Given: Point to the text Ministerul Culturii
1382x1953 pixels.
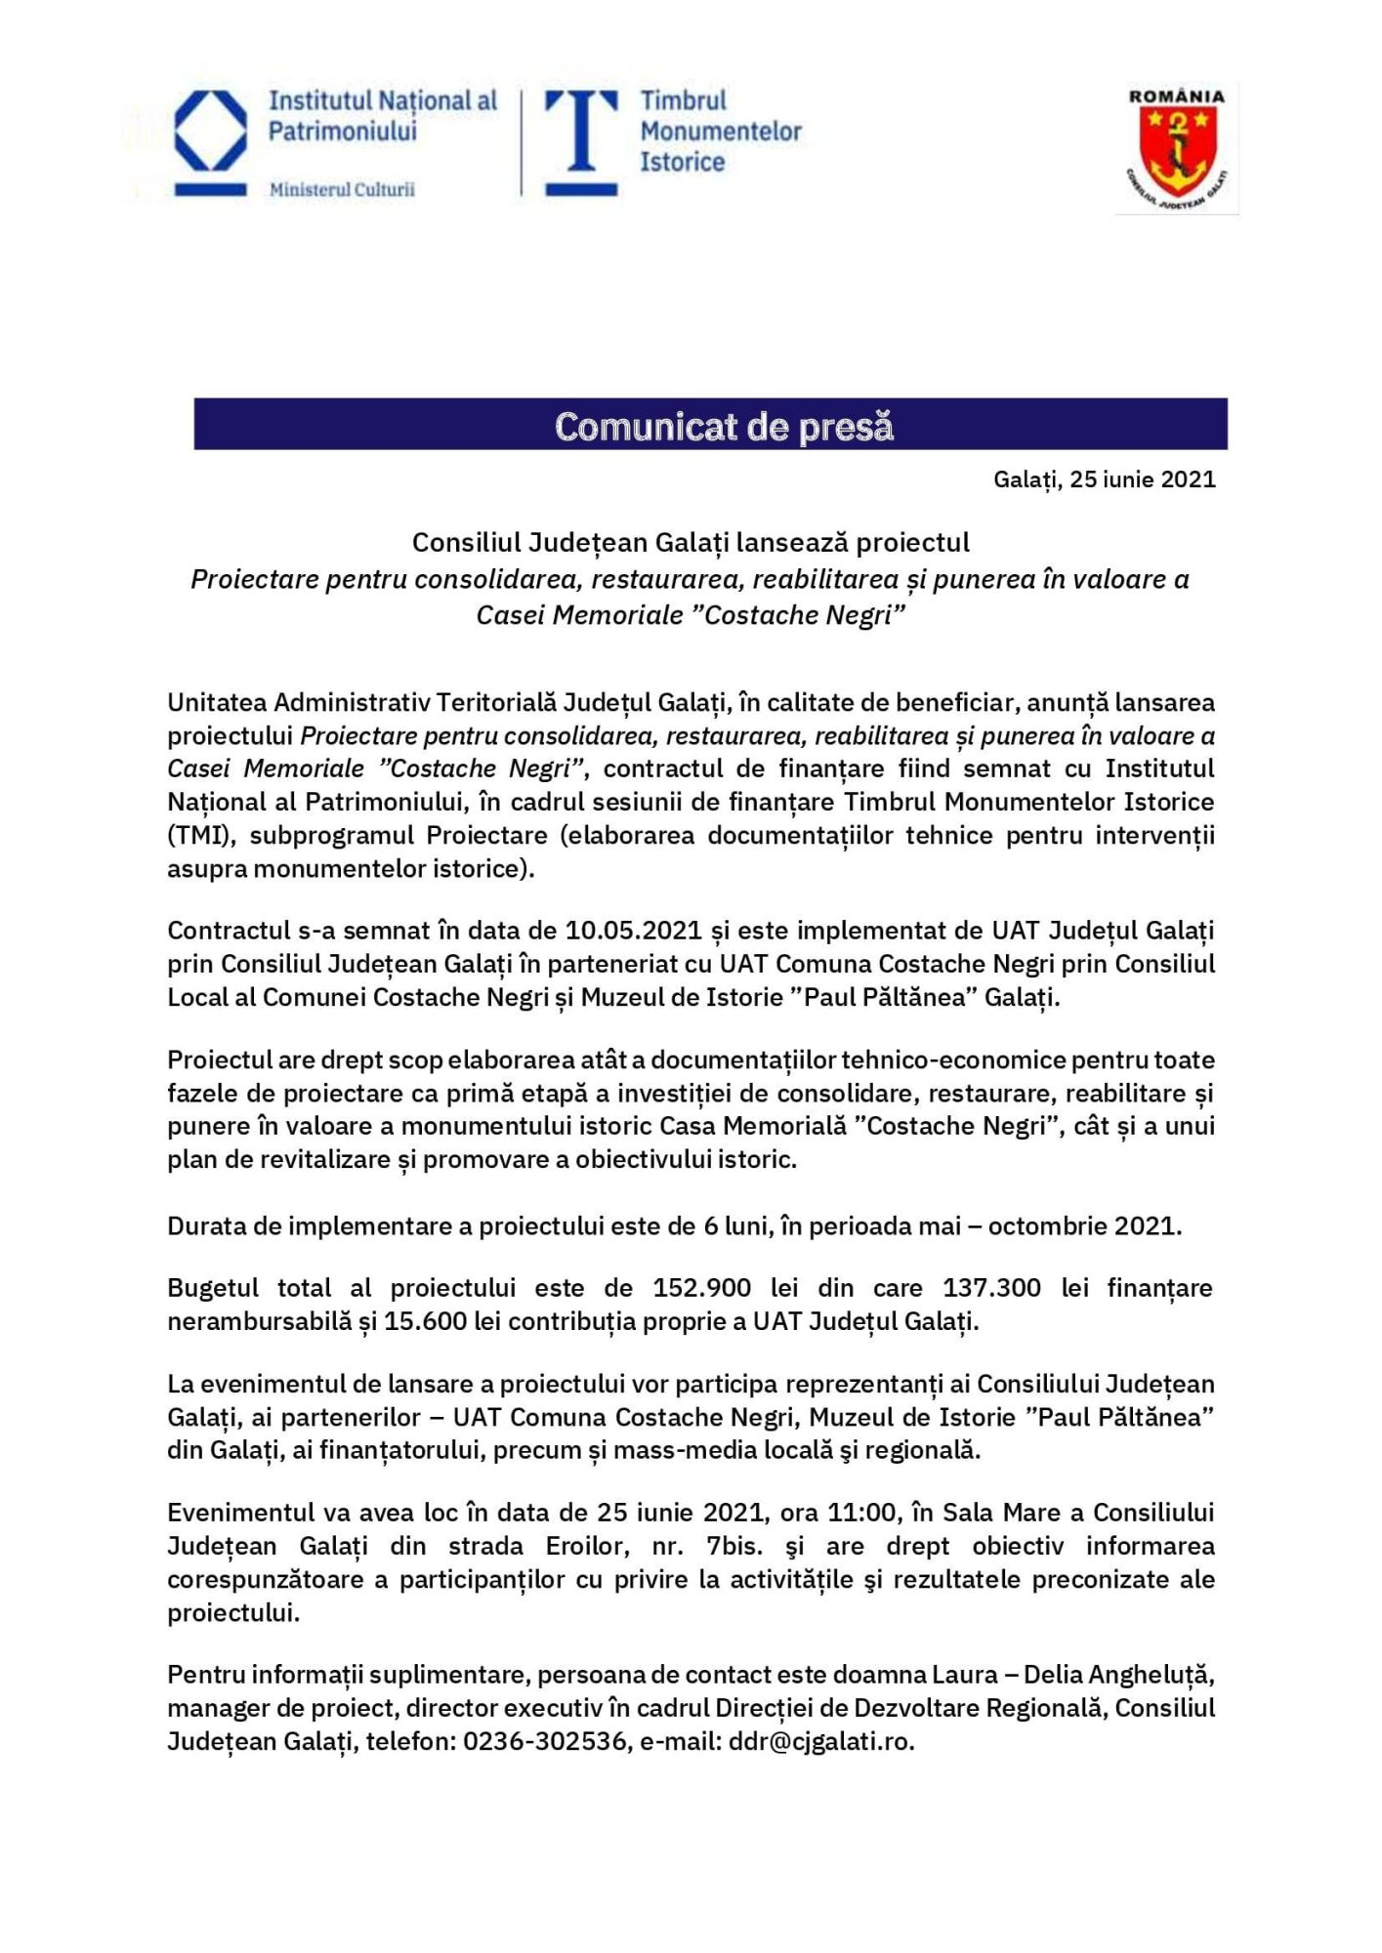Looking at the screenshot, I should click(342, 189).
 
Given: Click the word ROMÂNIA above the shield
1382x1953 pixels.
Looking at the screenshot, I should click(1176, 97).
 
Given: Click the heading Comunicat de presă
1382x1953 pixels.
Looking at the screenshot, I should click(724, 426).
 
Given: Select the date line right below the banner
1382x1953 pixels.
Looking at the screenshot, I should click(1104, 479).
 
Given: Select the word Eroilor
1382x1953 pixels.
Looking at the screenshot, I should click(580, 1546).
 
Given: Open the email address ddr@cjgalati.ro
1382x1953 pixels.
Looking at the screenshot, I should click(820, 1741).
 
